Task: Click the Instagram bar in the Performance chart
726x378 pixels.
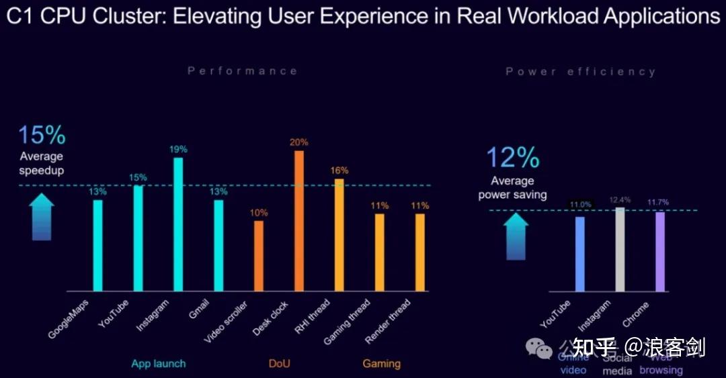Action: [178, 224]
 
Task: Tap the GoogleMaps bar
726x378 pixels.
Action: [98, 245]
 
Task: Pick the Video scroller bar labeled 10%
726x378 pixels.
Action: [259, 255]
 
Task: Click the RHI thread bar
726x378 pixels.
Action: [339, 235]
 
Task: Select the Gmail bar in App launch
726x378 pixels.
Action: [218, 245]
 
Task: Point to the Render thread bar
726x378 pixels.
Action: [420, 252]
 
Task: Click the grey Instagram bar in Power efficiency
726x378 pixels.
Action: [620, 249]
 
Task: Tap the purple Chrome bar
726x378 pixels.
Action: [660, 251]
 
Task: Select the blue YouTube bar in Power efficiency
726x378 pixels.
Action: [580, 254]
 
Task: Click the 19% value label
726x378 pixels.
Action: [178, 149]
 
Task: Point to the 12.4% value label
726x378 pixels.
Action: [619, 199]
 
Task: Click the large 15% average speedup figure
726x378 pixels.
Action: [42, 135]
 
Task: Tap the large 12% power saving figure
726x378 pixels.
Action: [512, 158]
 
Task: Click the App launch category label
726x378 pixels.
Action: [159, 364]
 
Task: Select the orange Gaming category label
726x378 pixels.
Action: [381, 364]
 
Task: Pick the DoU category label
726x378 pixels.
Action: [279, 364]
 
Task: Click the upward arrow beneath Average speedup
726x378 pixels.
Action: [42, 216]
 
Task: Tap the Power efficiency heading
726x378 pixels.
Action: [580, 71]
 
